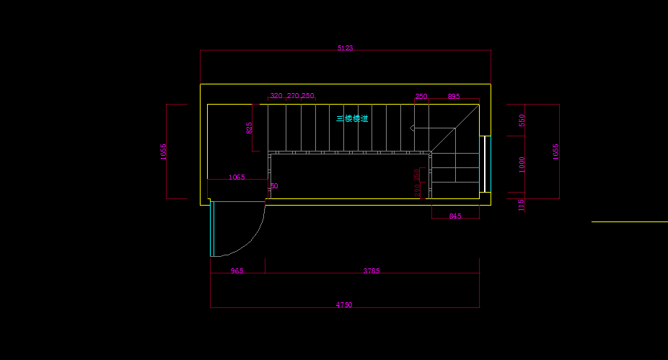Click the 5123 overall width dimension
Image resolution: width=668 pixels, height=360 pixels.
(345, 48)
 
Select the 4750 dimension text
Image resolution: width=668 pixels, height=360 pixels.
(344, 305)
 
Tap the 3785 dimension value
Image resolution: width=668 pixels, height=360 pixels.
(372, 271)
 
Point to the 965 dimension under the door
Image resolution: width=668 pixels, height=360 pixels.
(237, 271)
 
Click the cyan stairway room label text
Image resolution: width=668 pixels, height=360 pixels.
(352, 118)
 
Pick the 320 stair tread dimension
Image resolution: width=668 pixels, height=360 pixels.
(276, 96)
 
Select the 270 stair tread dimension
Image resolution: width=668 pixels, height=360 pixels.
(293, 96)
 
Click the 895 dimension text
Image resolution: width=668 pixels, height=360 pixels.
(454, 96)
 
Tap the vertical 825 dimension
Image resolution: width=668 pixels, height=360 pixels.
(250, 128)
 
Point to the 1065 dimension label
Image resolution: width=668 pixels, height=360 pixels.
(237, 177)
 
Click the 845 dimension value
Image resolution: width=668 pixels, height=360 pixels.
(455, 216)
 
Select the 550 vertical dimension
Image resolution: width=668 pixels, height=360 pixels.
(522, 120)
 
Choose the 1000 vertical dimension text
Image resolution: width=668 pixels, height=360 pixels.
(522, 164)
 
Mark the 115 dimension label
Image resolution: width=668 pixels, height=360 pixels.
(522, 206)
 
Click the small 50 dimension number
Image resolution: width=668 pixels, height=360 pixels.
(274, 186)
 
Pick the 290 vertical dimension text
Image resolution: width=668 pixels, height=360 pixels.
(417, 190)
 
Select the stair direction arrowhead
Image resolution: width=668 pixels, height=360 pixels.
(413, 128)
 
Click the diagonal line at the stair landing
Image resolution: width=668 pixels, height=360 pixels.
(455, 128)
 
